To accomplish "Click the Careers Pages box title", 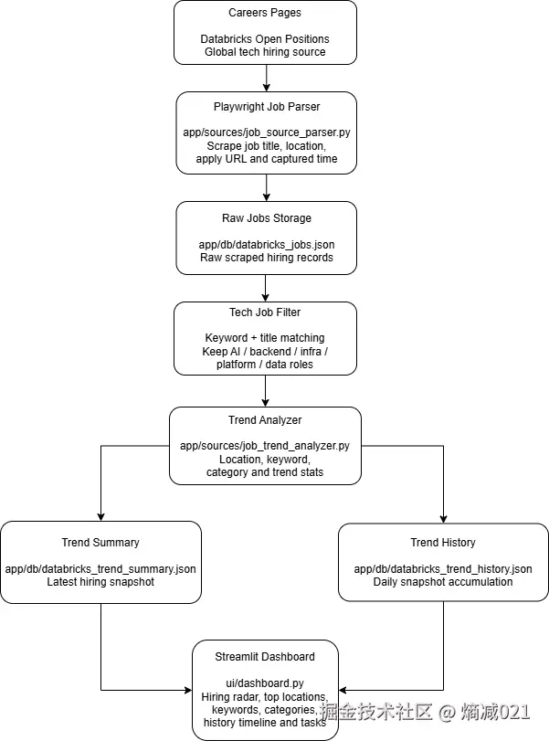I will [x=265, y=13].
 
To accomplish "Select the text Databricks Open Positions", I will [x=265, y=39].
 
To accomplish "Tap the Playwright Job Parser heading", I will [x=266, y=107].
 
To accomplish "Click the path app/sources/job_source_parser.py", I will [x=266, y=132].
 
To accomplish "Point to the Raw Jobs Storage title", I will [x=266, y=218].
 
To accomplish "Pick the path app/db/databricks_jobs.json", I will [x=266, y=244].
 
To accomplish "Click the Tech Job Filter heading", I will [x=265, y=312].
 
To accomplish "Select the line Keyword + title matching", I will [x=265, y=338].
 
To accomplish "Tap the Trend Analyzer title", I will [x=265, y=420].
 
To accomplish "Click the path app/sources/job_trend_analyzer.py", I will [x=265, y=446].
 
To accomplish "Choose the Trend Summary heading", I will [x=100, y=543].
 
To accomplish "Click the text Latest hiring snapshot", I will [x=100, y=581].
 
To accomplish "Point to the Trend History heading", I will [x=443, y=543].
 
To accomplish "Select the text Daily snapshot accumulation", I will [x=443, y=581].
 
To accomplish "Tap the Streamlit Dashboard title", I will [x=265, y=657].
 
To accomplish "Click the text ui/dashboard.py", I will [x=265, y=683].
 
